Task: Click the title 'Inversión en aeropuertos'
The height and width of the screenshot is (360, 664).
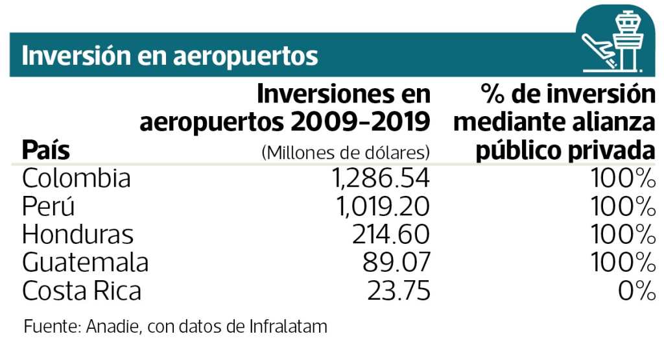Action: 170,56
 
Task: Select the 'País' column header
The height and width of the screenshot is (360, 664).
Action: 46,150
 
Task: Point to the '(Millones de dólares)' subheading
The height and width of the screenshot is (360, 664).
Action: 346,153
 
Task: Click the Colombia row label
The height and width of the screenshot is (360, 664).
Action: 77,178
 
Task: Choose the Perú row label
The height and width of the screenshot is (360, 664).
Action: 49,206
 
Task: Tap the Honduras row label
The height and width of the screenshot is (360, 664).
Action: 78,234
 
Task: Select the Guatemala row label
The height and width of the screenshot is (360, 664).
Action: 85,263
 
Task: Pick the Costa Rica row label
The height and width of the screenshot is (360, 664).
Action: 82,291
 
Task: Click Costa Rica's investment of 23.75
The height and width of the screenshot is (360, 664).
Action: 400,291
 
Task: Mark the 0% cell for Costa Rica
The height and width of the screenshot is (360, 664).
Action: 636,291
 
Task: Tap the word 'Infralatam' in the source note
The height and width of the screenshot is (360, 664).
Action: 288,326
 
